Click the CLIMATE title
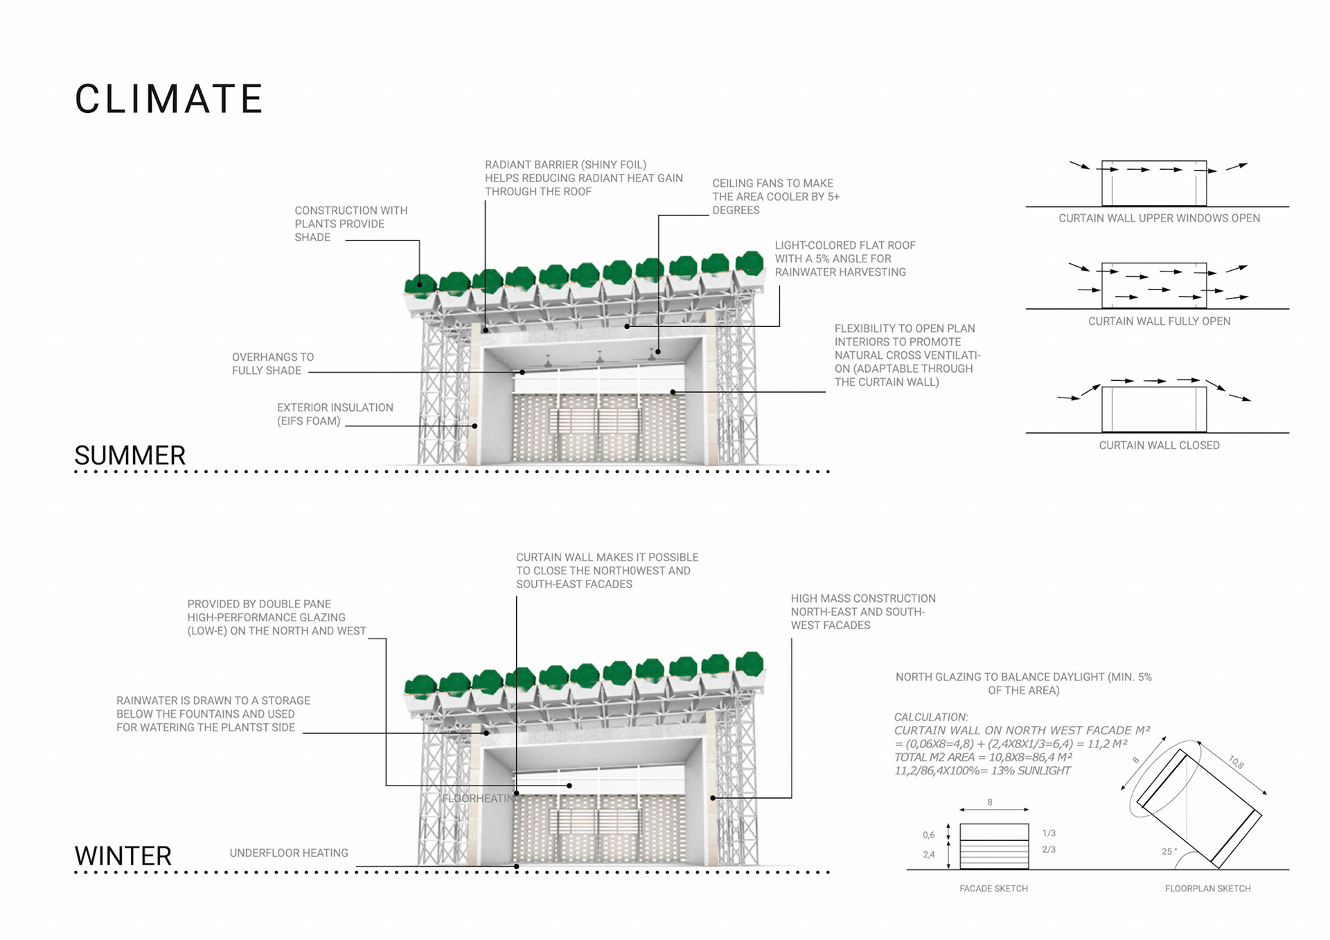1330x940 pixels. pyautogui.click(x=168, y=99)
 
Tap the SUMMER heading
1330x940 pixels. pyautogui.click(x=130, y=456)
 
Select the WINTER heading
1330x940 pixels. pyautogui.click(x=123, y=856)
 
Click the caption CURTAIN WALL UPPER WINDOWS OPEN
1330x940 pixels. pyautogui.click(x=1159, y=218)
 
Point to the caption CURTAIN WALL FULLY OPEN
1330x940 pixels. pyautogui.click(x=1159, y=321)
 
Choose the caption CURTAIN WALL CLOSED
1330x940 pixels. pyautogui.click(x=1159, y=445)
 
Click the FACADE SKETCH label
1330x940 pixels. pyautogui.click(x=993, y=889)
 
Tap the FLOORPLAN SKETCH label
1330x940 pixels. pyautogui.click(x=1207, y=889)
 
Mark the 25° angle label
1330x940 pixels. pyautogui.click(x=1169, y=851)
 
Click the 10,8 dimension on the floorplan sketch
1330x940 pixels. pyautogui.click(x=1236, y=763)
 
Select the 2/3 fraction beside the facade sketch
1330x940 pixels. pyautogui.click(x=1049, y=850)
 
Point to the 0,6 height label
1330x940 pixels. pyautogui.click(x=929, y=835)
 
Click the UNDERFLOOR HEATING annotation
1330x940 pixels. pyautogui.click(x=289, y=853)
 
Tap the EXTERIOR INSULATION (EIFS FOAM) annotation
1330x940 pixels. pyautogui.click(x=335, y=414)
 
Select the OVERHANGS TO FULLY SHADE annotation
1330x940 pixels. pyautogui.click(x=272, y=364)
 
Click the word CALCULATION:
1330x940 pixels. pyautogui.click(x=931, y=718)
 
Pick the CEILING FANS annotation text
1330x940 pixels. pyautogui.click(x=775, y=197)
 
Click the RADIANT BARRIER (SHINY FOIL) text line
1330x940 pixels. pyautogui.click(x=565, y=165)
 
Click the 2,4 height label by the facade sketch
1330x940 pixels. pyautogui.click(x=929, y=855)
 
